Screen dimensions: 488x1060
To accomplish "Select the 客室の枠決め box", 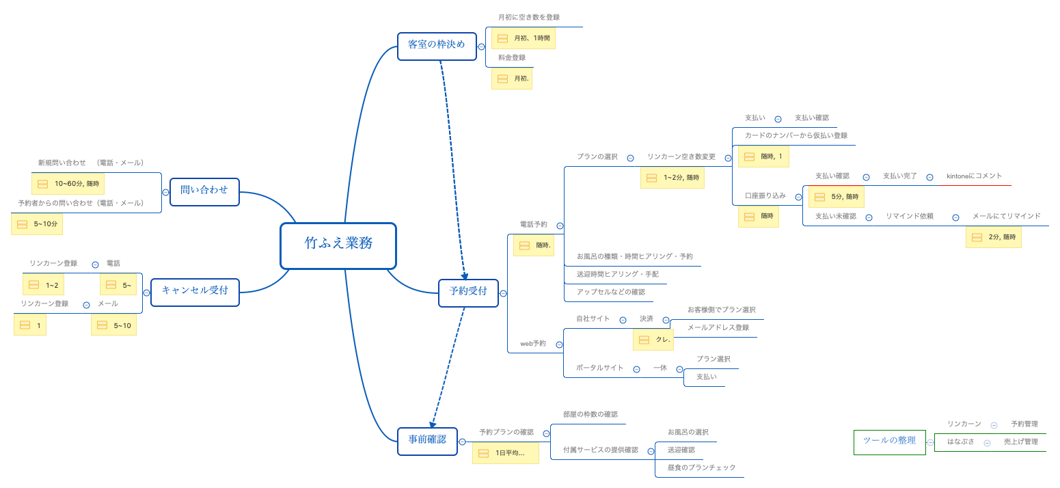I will click(x=436, y=46).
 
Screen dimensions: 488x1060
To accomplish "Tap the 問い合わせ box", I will click(x=204, y=191).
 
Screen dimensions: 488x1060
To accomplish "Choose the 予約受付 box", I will click(x=468, y=293).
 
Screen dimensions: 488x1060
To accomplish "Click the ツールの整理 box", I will click(x=889, y=442).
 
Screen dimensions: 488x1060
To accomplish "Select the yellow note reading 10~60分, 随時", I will click(x=68, y=184).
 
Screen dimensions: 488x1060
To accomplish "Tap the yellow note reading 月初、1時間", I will click(x=523, y=38).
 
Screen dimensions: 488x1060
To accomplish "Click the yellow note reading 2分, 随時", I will click(x=993, y=237).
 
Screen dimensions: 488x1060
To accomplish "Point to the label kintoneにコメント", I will click(x=974, y=176).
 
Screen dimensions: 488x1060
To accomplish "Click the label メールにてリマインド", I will click(x=1006, y=217).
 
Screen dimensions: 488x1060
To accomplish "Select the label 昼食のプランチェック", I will click(x=701, y=467).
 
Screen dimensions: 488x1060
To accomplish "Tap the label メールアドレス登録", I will click(x=718, y=328).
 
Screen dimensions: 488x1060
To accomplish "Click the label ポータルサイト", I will click(x=599, y=368).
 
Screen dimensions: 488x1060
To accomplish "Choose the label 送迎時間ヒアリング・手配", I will click(x=617, y=274).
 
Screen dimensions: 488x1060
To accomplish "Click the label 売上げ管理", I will click(x=1020, y=442).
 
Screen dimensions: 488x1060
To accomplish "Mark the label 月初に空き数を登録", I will click(x=529, y=18).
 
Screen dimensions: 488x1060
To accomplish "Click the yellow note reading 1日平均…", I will click(x=505, y=453).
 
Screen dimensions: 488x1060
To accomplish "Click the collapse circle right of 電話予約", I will click(x=560, y=226).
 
